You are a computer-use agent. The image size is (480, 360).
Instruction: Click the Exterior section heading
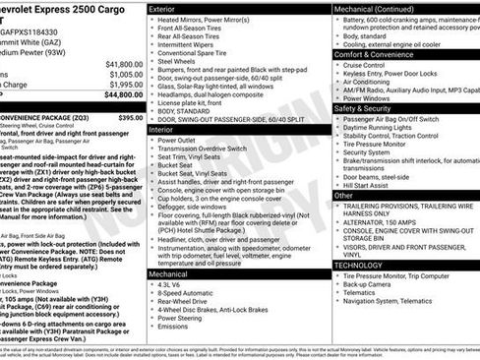166,8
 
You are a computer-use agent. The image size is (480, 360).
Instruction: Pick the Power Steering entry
185,320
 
